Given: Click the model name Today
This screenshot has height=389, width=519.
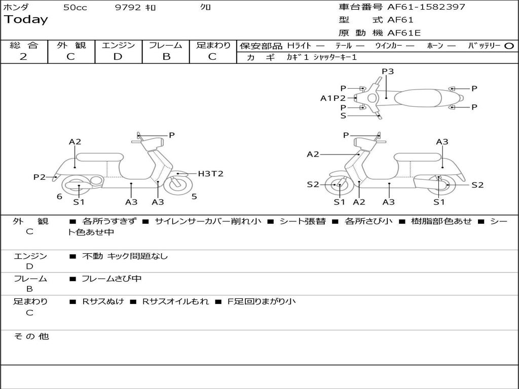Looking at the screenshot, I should click(26, 20).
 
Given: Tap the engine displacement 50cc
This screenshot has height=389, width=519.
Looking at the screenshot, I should click(75, 8).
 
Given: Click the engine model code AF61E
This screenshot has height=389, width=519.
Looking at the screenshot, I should click(403, 33).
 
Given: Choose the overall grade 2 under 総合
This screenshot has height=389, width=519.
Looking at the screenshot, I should click(23, 57).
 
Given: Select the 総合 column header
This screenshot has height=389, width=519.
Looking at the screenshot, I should click(24, 45).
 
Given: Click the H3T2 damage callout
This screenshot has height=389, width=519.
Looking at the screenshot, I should click(210, 174).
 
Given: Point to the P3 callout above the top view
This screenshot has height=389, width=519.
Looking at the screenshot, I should click(388, 71).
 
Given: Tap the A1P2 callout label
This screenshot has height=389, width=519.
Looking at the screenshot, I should click(333, 98).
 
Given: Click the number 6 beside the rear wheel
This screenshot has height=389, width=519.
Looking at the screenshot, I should click(59, 197).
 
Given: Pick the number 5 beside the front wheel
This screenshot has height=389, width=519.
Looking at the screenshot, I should click(194, 197).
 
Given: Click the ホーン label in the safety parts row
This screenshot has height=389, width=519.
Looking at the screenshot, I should click(435, 46).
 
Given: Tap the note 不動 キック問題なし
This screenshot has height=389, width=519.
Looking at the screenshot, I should click(125, 256).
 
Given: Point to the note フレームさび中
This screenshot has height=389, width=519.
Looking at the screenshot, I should click(112, 279).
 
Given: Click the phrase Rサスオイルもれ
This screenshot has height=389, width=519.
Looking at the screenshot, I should click(175, 301).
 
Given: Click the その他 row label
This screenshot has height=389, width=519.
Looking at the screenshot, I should click(31, 336).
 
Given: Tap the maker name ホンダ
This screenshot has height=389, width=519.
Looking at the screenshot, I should click(16, 7).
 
